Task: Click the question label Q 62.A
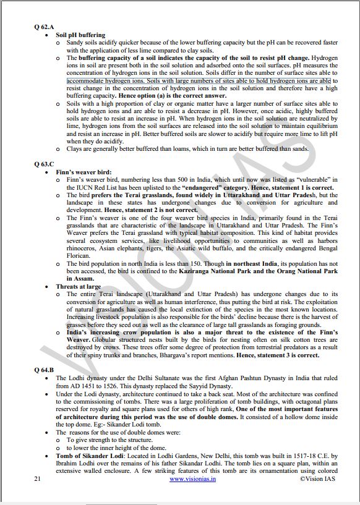tap(45, 27)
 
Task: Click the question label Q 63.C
tap(45, 164)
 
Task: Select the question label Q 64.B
tap(45, 370)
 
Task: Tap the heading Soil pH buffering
tap(80, 35)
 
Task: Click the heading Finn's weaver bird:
tap(82, 172)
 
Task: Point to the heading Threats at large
tap(79, 286)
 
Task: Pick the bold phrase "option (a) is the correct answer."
tap(178, 96)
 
